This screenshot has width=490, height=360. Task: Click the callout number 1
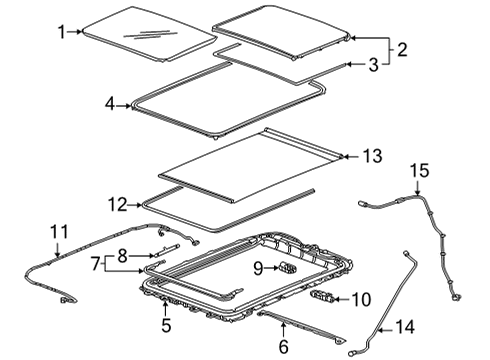click(61, 32)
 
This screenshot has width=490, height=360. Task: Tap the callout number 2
click(402, 49)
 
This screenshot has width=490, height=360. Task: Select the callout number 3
click(372, 65)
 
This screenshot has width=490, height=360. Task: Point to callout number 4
click(110, 103)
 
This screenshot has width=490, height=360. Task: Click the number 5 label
click(167, 324)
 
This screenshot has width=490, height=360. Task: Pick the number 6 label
click(283, 347)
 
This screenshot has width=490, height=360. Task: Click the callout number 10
click(360, 298)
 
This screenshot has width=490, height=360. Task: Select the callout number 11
click(57, 235)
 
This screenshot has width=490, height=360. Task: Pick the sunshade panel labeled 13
click(250, 158)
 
